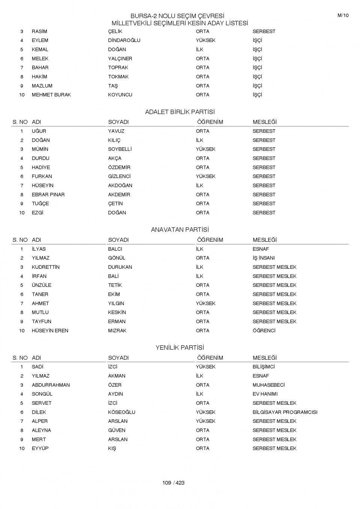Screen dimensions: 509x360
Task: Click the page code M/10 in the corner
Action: (343, 15)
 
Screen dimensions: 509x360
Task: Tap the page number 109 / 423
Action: (173, 483)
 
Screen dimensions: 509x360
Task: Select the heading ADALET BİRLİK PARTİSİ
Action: (180, 112)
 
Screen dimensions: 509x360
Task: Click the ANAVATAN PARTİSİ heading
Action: (180, 230)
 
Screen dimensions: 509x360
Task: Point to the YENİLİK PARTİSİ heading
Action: (180, 348)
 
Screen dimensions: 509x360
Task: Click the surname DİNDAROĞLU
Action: (124, 40)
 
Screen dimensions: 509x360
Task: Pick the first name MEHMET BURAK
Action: (51, 95)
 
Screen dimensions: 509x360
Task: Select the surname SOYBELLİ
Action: (120, 149)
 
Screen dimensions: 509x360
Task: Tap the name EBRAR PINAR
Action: (48, 195)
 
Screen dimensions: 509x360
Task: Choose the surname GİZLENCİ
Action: (119, 177)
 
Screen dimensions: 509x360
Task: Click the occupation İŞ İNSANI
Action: (263, 258)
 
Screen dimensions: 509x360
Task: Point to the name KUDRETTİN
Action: (45, 267)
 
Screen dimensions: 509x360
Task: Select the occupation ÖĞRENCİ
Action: (264, 331)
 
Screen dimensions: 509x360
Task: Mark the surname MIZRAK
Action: (117, 331)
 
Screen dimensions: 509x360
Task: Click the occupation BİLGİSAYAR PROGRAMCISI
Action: (285, 412)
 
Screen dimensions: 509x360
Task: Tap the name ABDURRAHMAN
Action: (51, 385)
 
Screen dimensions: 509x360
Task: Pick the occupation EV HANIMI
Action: (265, 394)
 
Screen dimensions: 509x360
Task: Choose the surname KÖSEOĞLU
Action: (121, 412)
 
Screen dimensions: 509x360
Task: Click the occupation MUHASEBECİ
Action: (268, 385)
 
